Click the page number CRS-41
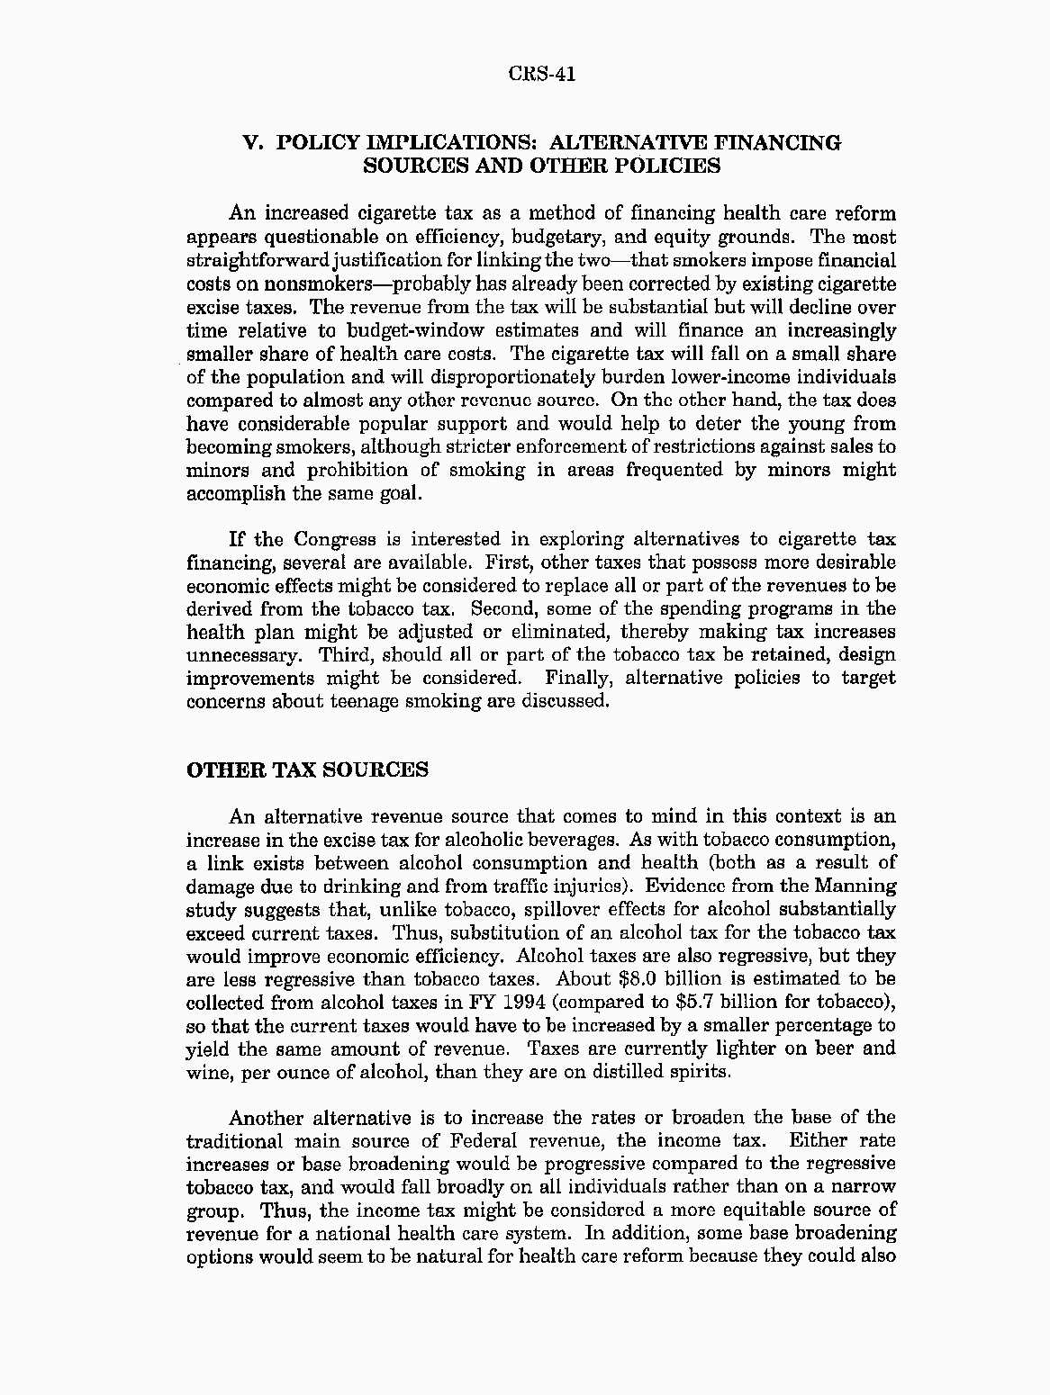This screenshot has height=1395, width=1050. point(541,74)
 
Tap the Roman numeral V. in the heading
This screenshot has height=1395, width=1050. point(253,143)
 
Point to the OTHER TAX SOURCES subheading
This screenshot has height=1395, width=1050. point(307,770)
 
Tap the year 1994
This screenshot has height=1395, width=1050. point(519,1003)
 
